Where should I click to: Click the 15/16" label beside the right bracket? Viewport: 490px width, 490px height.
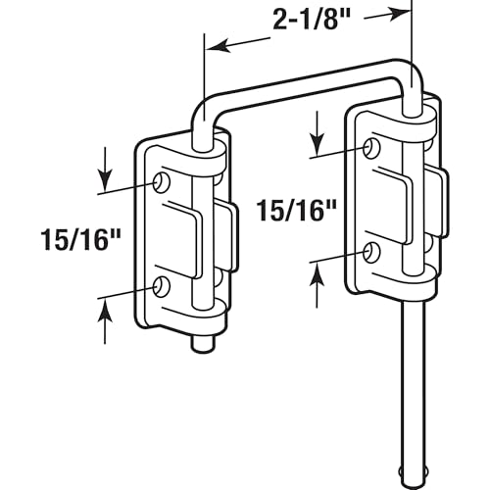(297, 211)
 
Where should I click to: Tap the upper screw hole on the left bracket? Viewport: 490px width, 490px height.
(162, 182)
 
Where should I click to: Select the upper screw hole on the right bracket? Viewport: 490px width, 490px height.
(372, 148)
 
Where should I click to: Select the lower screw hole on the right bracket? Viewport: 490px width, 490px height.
(372, 253)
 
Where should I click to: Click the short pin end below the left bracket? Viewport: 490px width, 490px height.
(204, 344)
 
